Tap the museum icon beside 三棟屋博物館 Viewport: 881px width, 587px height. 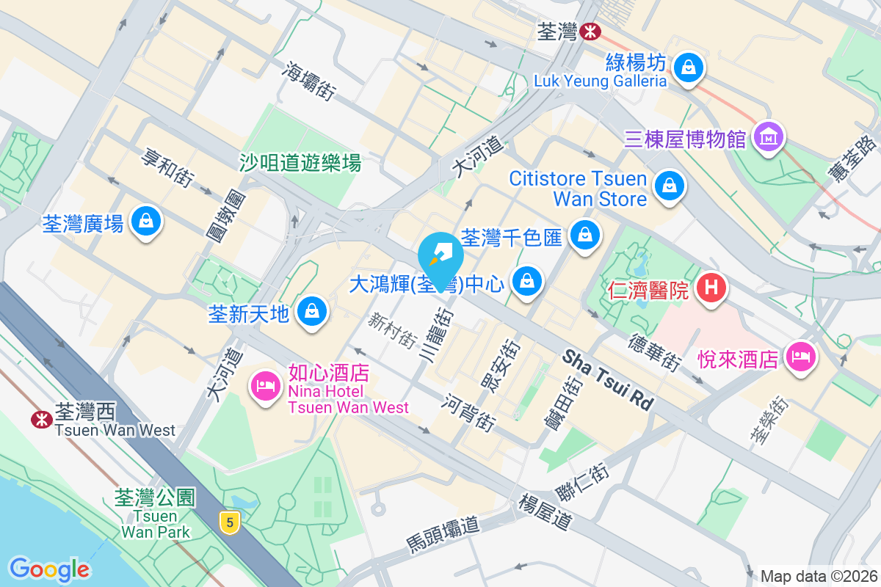[x=769, y=136]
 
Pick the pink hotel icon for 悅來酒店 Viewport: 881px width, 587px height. [x=800, y=357]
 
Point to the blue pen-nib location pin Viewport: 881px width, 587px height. [x=440, y=256]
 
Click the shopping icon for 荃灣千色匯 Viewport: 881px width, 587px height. [x=585, y=235]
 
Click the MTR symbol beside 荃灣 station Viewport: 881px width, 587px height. [x=589, y=32]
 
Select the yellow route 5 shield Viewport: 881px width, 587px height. [x=231, y=522]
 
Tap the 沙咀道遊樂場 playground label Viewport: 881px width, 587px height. [x=300, y=162]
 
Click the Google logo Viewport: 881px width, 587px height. [x=49, y=569]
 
